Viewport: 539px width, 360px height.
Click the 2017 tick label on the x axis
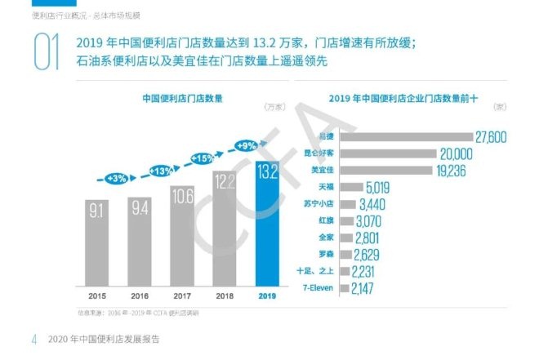[183, 296]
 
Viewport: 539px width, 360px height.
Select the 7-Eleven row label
[315, 288]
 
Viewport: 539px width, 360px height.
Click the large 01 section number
[46, 51]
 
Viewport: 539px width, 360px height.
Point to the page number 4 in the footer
[34, 339]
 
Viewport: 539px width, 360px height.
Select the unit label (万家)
[274, 108]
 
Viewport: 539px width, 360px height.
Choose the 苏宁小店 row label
[317, 204]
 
